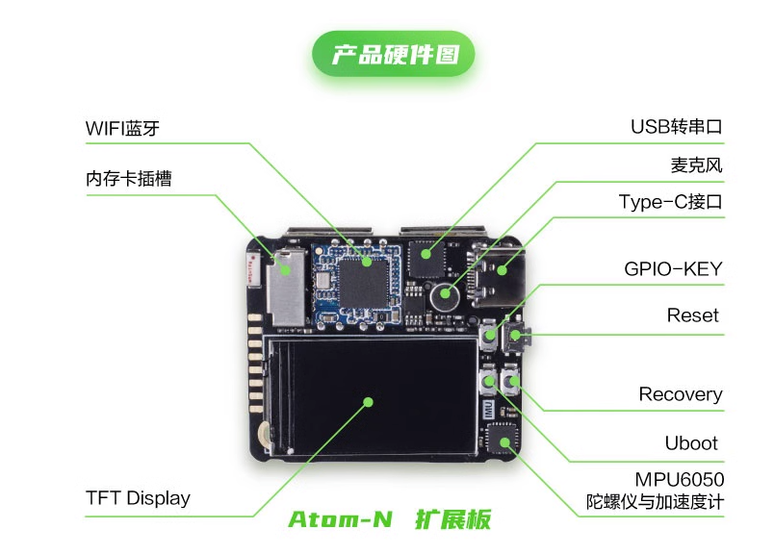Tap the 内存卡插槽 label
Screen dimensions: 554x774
(129, 179)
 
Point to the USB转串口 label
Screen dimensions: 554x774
(676, 127)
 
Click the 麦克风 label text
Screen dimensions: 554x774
(696, 164)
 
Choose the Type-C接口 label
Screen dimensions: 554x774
(670, 202)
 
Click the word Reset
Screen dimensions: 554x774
(693, 315)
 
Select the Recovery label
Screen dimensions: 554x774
(680, 394)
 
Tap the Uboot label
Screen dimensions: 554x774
(691, 443)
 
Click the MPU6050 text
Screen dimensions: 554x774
(680, 479)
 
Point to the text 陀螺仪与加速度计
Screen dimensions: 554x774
(656, 502)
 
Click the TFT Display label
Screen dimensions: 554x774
(138, 498)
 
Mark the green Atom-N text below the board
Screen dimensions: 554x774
(340, 520)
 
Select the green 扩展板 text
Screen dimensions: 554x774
(452, 520)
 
